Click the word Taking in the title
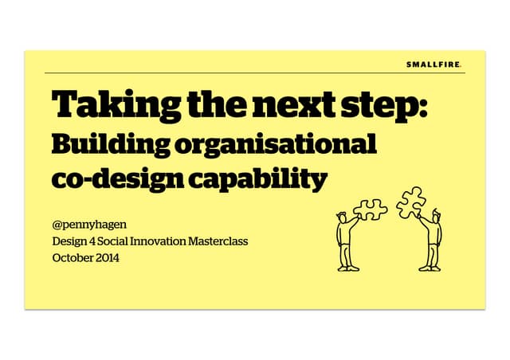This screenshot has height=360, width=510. (107, 107)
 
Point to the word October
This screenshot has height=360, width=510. (73, 257)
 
